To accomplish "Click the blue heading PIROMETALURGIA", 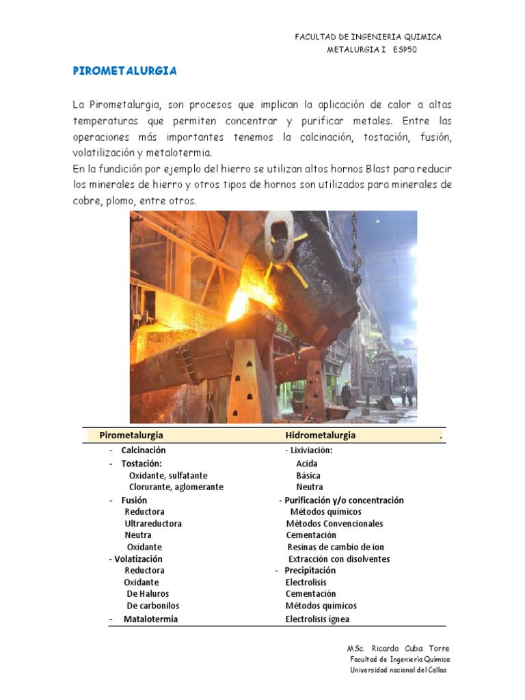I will point(125,70).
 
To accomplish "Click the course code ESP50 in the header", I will point(405,50).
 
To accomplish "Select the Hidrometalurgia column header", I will point(320,435).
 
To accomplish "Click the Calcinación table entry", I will point(144,450).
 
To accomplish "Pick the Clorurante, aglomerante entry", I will point(176,487).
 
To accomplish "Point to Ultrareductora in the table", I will point(153,524).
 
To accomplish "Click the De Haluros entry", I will point(148,594).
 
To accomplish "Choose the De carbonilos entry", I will point(153,606).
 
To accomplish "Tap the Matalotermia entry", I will point(150,619).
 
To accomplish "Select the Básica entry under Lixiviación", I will point(308,476).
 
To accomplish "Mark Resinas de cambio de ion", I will point(336,547).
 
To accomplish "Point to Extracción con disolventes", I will point(339,559).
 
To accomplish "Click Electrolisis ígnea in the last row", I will point(317,620).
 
